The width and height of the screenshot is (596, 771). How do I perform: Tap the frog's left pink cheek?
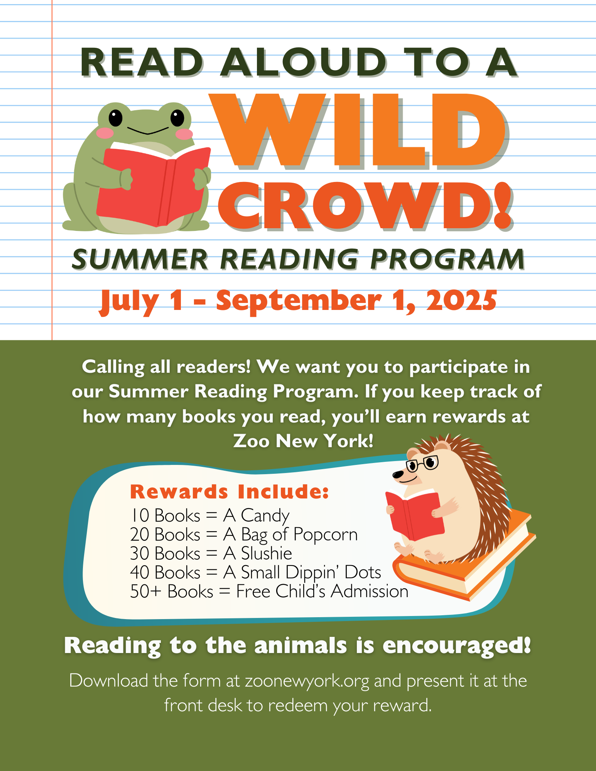coord(105,133)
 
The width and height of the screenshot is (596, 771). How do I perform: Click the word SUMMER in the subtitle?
coord(140,259)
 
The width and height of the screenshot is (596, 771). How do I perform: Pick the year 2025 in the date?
coord(461,300)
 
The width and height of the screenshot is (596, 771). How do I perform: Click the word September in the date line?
coord(299,302)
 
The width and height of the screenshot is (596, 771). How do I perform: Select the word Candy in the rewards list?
coord(265,516)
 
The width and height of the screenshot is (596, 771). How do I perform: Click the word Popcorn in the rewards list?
coord(326,535)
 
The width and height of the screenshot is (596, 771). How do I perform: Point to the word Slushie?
coord(267,553)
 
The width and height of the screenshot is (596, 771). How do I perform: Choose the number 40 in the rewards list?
coord(140,572)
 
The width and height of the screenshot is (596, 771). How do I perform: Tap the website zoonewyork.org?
coord(307,681)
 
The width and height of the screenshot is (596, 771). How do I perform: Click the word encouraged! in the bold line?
coord(457,646)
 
